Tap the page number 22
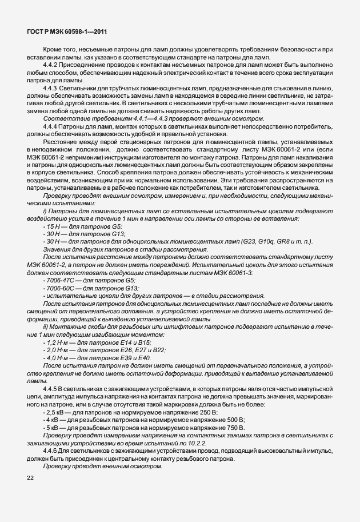[30, 477]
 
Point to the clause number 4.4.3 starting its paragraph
[51, 89]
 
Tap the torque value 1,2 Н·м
[58, 342]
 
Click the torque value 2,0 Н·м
[58, 349]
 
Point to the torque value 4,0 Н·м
[58, 357]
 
